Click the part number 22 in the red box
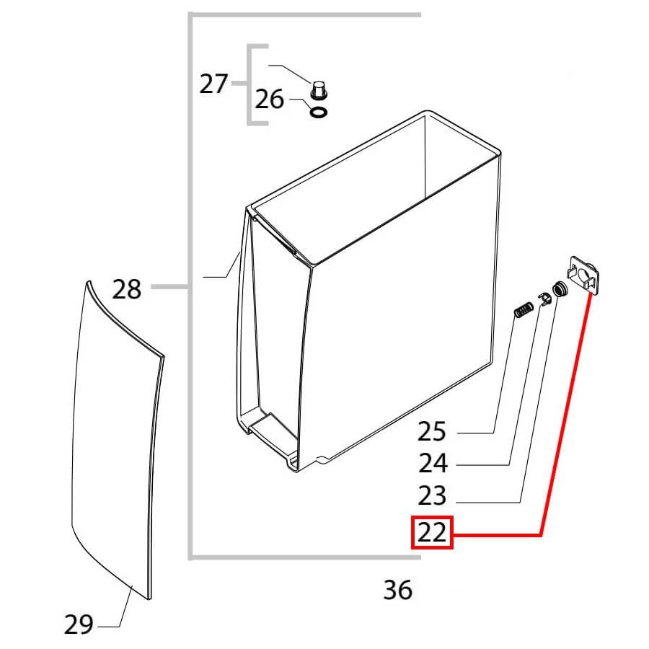click(x=432, y=532)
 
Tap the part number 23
click(x=432, y=495)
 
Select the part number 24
click(x=433, y=463)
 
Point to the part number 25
click(x=432, y=431)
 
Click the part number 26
click(x=269, y=99)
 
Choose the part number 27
click(x=213, y=84)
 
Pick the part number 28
click(x=127, y=289)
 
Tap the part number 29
click(x=79, y=624)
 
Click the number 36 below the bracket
click(x=398, y=589)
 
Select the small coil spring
click(x=524, y=309)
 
